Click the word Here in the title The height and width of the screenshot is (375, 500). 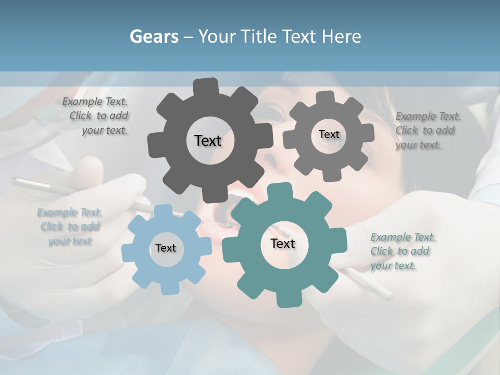click(x=341, y=36)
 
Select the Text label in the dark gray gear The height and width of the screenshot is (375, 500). click(x=208, y=141)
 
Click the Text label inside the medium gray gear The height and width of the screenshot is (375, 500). click(x=329, y=134)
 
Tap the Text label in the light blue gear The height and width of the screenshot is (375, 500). click(x=166, y=248)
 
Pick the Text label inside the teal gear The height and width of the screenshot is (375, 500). click(x=283, y=243)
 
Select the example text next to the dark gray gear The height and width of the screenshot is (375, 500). click(x=96, y=116)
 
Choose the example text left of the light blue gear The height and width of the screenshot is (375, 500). click(x=69, y=227)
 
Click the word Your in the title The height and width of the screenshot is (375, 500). click(x=218, y=36)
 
